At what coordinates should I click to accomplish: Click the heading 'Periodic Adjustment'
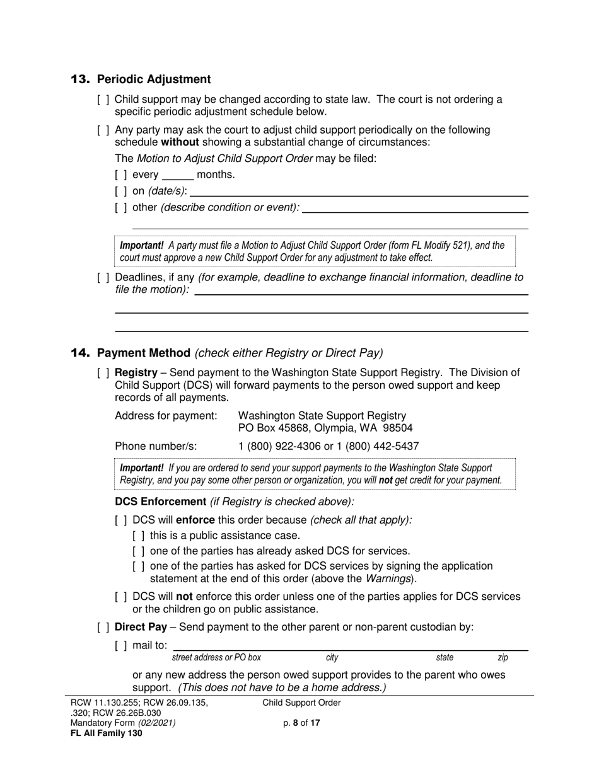click(154, 79)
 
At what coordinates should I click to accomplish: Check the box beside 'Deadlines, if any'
click(103, 277)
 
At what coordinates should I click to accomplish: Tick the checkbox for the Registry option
click(103, 373)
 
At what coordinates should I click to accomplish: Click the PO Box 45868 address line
click(325, 428)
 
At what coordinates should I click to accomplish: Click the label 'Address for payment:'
click(166, 416)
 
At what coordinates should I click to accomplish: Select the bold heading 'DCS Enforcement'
click(160, 502)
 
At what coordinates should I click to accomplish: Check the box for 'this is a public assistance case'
click(139, 536)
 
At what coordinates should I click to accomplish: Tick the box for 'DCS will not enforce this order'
click(121, 597)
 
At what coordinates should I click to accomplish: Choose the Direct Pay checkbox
click(103, 627)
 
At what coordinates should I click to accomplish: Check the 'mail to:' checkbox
click(121, 645)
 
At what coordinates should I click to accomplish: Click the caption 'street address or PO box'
click(216, 658)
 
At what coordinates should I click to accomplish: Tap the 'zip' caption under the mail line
click(503, 658)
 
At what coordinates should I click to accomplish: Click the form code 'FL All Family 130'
click(106, 733)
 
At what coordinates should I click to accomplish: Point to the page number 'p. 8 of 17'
click(301, 723)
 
